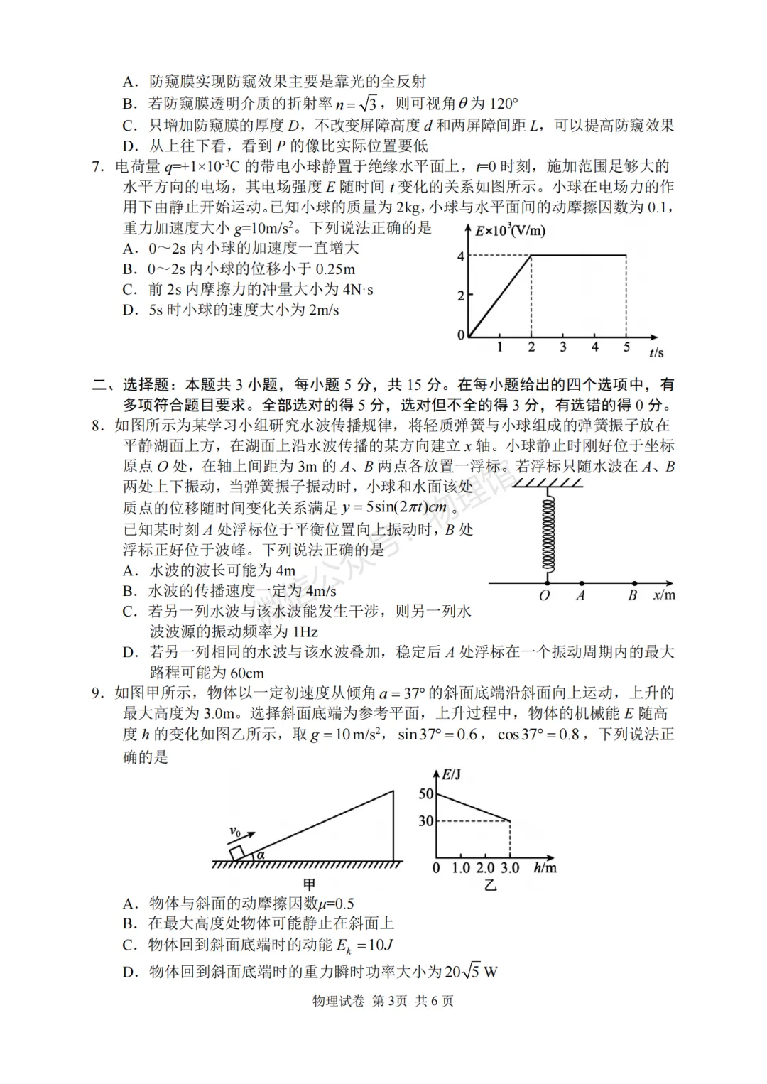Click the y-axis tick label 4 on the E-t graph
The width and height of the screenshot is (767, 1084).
[x=461, y=256]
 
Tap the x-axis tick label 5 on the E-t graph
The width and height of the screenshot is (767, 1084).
[x=626, y=347]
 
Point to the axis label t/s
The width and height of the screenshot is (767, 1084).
[x=656, y=352]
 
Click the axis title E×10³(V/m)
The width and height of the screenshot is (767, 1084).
[x=510, y=231]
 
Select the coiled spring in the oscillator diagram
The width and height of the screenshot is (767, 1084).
[x=548, y=532]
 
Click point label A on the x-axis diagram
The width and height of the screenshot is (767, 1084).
[x=580, y=596]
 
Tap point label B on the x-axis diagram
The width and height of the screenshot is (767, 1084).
[x=632, y=596]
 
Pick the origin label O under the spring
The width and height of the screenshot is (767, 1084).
[x=544, y=596]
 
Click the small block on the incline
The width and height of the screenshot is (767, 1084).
[x=237, y=853]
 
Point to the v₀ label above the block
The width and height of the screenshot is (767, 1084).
[x=235, y=831]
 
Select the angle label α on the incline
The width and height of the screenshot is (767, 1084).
[x=261, y=855]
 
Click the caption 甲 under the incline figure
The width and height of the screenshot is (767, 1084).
[x=309, y=884]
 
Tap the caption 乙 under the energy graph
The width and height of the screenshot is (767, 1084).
[x=490, y=885]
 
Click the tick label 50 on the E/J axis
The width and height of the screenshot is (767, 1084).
[x=425, y=793]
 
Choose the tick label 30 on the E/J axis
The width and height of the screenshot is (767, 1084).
[x=425, y=821]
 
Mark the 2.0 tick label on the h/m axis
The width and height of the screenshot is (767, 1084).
[x=485, y=868]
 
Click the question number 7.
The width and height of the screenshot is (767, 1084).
[x=98, y=167]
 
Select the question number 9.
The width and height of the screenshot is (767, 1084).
[x=98, y=693]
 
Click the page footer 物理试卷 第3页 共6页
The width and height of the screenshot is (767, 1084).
[x=383, y=1001]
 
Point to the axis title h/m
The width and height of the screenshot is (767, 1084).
[x=545, y=867]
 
